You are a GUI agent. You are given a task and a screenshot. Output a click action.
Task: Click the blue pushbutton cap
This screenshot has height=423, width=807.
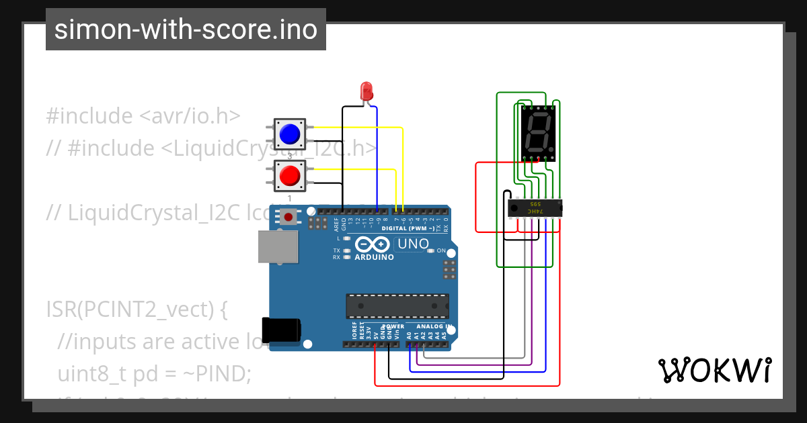coord(289,134)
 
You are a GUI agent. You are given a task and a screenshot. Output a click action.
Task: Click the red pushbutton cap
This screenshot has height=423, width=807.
coord(289,175)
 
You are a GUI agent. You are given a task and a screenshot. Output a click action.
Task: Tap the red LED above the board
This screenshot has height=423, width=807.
coord(367,91)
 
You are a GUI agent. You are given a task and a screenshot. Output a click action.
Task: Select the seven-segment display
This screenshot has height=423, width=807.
coord(538,133)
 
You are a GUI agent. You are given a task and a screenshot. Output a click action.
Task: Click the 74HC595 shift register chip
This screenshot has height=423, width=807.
coord(535,209)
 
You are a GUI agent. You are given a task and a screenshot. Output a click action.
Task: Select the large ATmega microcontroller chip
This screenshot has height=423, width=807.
coord(397,305)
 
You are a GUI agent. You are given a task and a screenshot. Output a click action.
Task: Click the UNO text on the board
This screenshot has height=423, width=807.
coord(413,244)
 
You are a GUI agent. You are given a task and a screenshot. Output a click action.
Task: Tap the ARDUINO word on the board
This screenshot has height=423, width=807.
coord(375,257)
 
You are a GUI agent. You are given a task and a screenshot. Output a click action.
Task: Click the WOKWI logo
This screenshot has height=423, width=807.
coord(714,370)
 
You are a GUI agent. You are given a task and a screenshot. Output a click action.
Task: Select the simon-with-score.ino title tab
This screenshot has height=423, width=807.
coord(186,30)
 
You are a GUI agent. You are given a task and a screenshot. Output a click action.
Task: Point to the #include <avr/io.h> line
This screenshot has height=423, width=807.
coord(143,115)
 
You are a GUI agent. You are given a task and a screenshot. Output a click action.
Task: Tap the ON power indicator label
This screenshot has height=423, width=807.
coord(441,250)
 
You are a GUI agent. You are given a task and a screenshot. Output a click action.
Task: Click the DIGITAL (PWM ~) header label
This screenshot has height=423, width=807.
coord(408,228)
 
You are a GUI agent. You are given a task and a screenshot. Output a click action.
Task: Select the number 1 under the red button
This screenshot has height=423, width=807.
coord(290,199)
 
